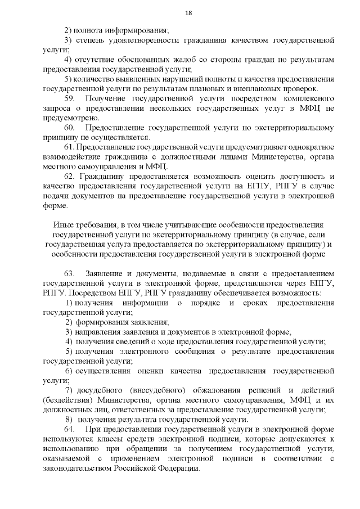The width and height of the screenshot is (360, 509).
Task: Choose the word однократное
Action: point(309,147)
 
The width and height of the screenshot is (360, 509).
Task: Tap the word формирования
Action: point(103,322)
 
